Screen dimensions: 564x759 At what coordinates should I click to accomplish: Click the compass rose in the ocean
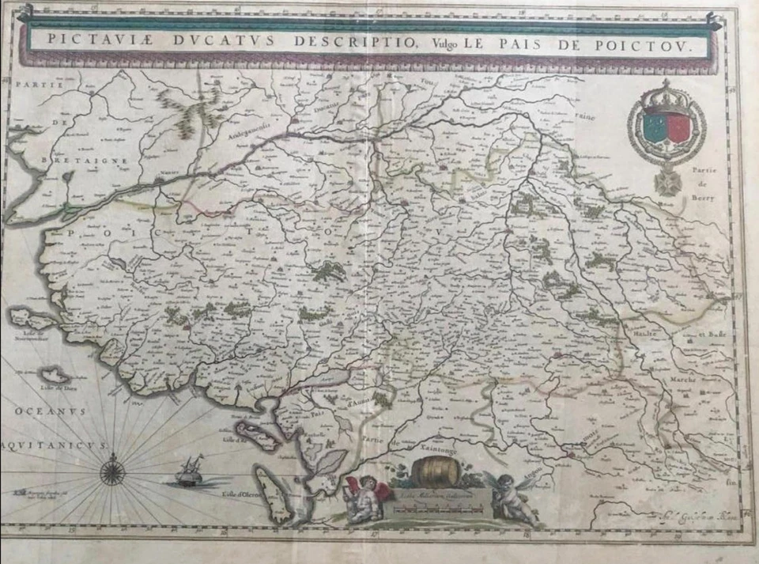(112, 472)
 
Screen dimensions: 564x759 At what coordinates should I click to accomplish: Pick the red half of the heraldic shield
(678, 129)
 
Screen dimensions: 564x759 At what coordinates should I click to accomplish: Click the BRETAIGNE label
(65, 160)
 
